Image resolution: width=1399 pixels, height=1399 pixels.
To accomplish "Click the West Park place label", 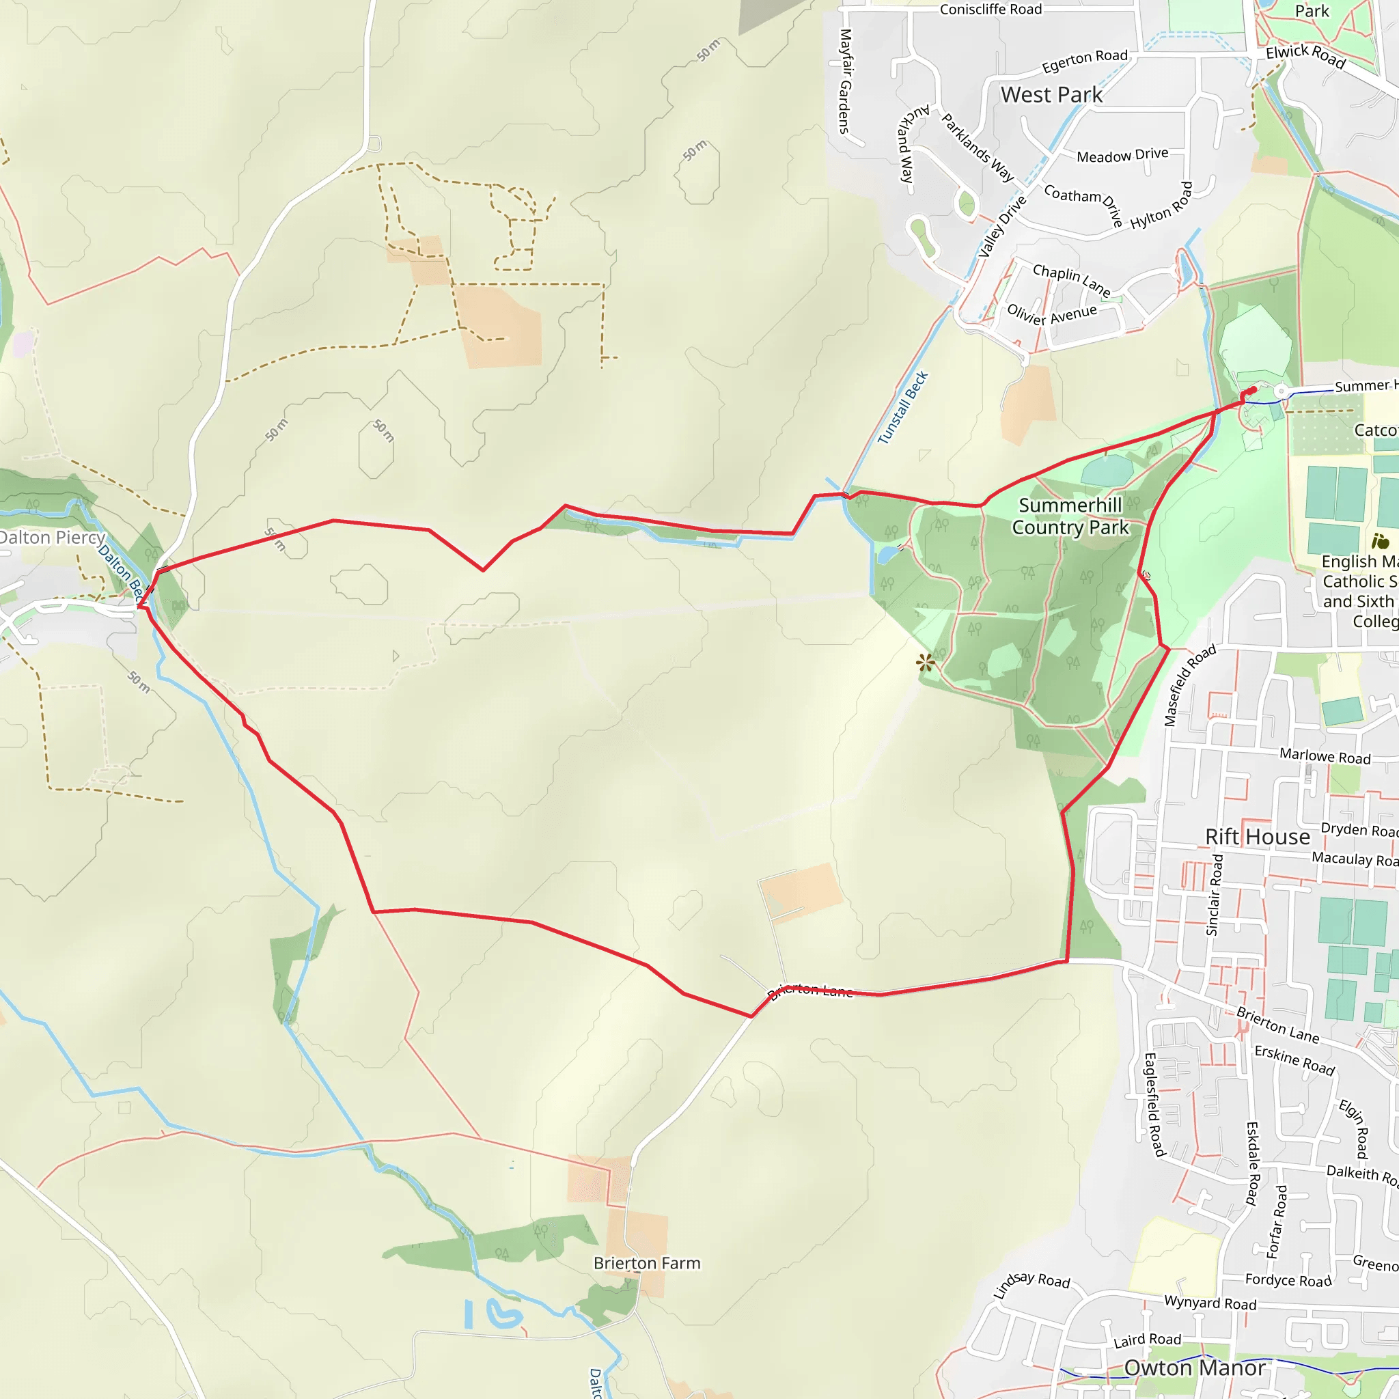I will pyautogui.click(x=1051, y=95).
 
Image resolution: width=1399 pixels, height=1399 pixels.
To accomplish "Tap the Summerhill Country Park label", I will pyautogui.click(x=1070, y=516).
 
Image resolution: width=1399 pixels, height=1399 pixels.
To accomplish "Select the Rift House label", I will pyautogui.click(x=1257, y=837).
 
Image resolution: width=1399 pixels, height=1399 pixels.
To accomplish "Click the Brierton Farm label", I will pyautogui.click(x=647, y=1263).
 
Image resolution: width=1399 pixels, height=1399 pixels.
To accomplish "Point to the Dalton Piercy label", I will pyautogui.click(x=52, y=538).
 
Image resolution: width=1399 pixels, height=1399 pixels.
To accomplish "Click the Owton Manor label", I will pyautogui.click(x=1195, y=1368).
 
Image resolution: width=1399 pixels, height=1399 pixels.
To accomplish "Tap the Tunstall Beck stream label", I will pyautogui.click(x=902, y=408).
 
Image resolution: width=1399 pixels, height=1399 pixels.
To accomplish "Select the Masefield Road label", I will pyautogui.click(x=1189, y=685).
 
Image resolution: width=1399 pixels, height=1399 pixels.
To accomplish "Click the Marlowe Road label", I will pyautogui.click(x=1325, y=756).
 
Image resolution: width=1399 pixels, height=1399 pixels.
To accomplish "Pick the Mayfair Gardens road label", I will pyautogui.click(x=844, y=81).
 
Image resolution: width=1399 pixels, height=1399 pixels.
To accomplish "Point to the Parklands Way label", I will pyautogui.click(x=978, y=147).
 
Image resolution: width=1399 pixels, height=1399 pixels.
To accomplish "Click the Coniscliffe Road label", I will pyautogui.click(x=991, y=10).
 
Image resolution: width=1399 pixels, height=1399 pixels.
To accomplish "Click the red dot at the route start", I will pyautogui.click(x=1253, y=390).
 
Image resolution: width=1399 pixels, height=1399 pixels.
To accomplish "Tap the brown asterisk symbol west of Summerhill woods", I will pyautogui.click(x=925, y=662).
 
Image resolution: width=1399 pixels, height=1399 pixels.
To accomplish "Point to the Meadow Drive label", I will pyautogui.click(x=1122, y=155).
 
